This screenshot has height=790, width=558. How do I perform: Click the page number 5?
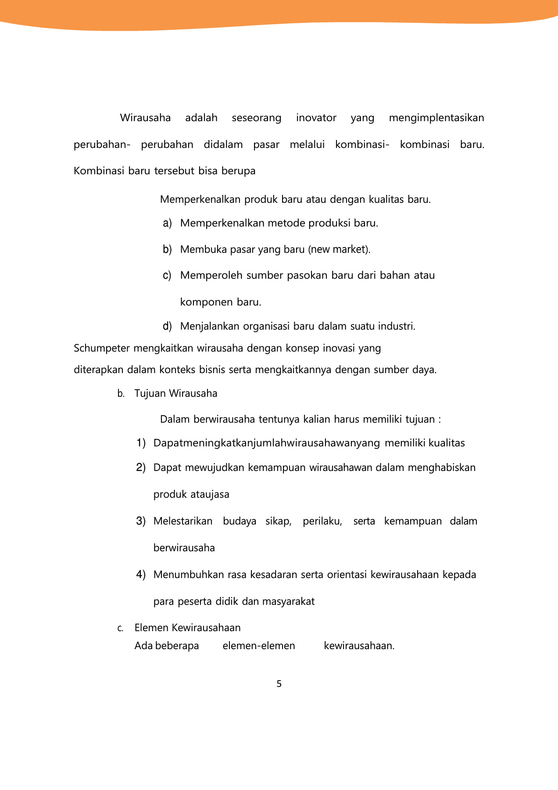click(279, 684)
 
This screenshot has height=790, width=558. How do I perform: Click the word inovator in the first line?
click(316, 118)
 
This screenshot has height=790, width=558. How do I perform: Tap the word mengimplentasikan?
click(436, 118)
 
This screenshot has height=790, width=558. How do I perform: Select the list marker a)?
click(167, 223)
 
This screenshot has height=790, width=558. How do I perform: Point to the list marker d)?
click(167, 327)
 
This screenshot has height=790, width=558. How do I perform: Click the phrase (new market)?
click(339, 250)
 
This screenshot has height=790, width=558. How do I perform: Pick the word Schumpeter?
click(102, 348)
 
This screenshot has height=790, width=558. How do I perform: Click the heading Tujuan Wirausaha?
click(175, 393)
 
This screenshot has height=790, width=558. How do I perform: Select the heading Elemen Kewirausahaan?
click(187, 628)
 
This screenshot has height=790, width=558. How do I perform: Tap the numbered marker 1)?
click(141, 443)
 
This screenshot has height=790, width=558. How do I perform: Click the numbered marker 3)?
click(141, 521)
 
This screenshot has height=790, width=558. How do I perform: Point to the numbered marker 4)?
click(141, 575)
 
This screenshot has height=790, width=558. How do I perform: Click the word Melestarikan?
click(182, 521)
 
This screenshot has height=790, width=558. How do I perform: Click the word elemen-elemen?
click(259, 646)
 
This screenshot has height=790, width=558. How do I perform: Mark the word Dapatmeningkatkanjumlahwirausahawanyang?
click(266, 443)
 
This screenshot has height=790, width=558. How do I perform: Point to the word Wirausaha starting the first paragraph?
click(145, 118)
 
